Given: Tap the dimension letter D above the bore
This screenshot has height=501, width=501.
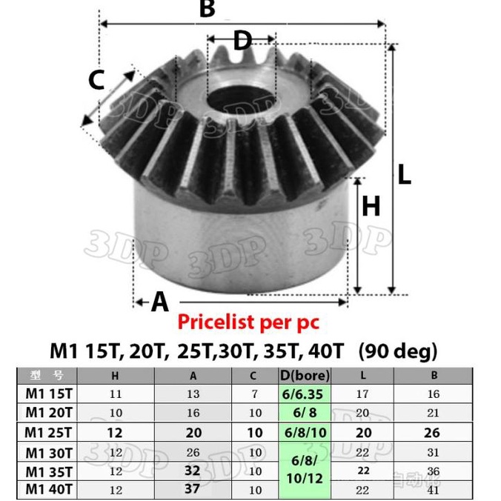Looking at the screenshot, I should pyautogui.click(x=242, y=41).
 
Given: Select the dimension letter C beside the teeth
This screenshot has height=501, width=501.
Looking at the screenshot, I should pyautogui.click(x=96, y=79).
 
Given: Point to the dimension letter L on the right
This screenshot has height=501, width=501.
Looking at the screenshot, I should pyautogui.click(x=403, y=174).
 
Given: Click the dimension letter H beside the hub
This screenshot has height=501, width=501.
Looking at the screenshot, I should pyautogui.click(x=371, y=206).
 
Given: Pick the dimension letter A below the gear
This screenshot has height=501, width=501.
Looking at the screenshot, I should pyautogui.click(x=159, y=302).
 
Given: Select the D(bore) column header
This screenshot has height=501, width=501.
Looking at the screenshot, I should pyautogui.click(x=305, y=375).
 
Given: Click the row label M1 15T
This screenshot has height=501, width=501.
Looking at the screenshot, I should pyautogui.click(x=49, y=394).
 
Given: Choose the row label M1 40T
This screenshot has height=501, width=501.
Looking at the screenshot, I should pyautogui.click(x=49, y=488).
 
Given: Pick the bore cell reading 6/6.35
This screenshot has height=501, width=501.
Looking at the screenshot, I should pyautogui.click(x=305, y=394).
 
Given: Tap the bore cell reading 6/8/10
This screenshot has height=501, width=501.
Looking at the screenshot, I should pyautogui.click(x=305, y=432).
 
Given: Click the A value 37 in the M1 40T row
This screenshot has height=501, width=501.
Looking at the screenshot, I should pyautogui.click(x=193, y=488).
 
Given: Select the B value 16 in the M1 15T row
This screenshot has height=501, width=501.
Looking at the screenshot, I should pyautogui.click(x=433, y=394).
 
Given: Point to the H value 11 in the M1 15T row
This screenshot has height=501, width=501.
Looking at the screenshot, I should pyautogui.click(x=115, y=394).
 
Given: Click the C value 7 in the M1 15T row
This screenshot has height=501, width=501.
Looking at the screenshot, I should pyautogui.click(x=253, y=394).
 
